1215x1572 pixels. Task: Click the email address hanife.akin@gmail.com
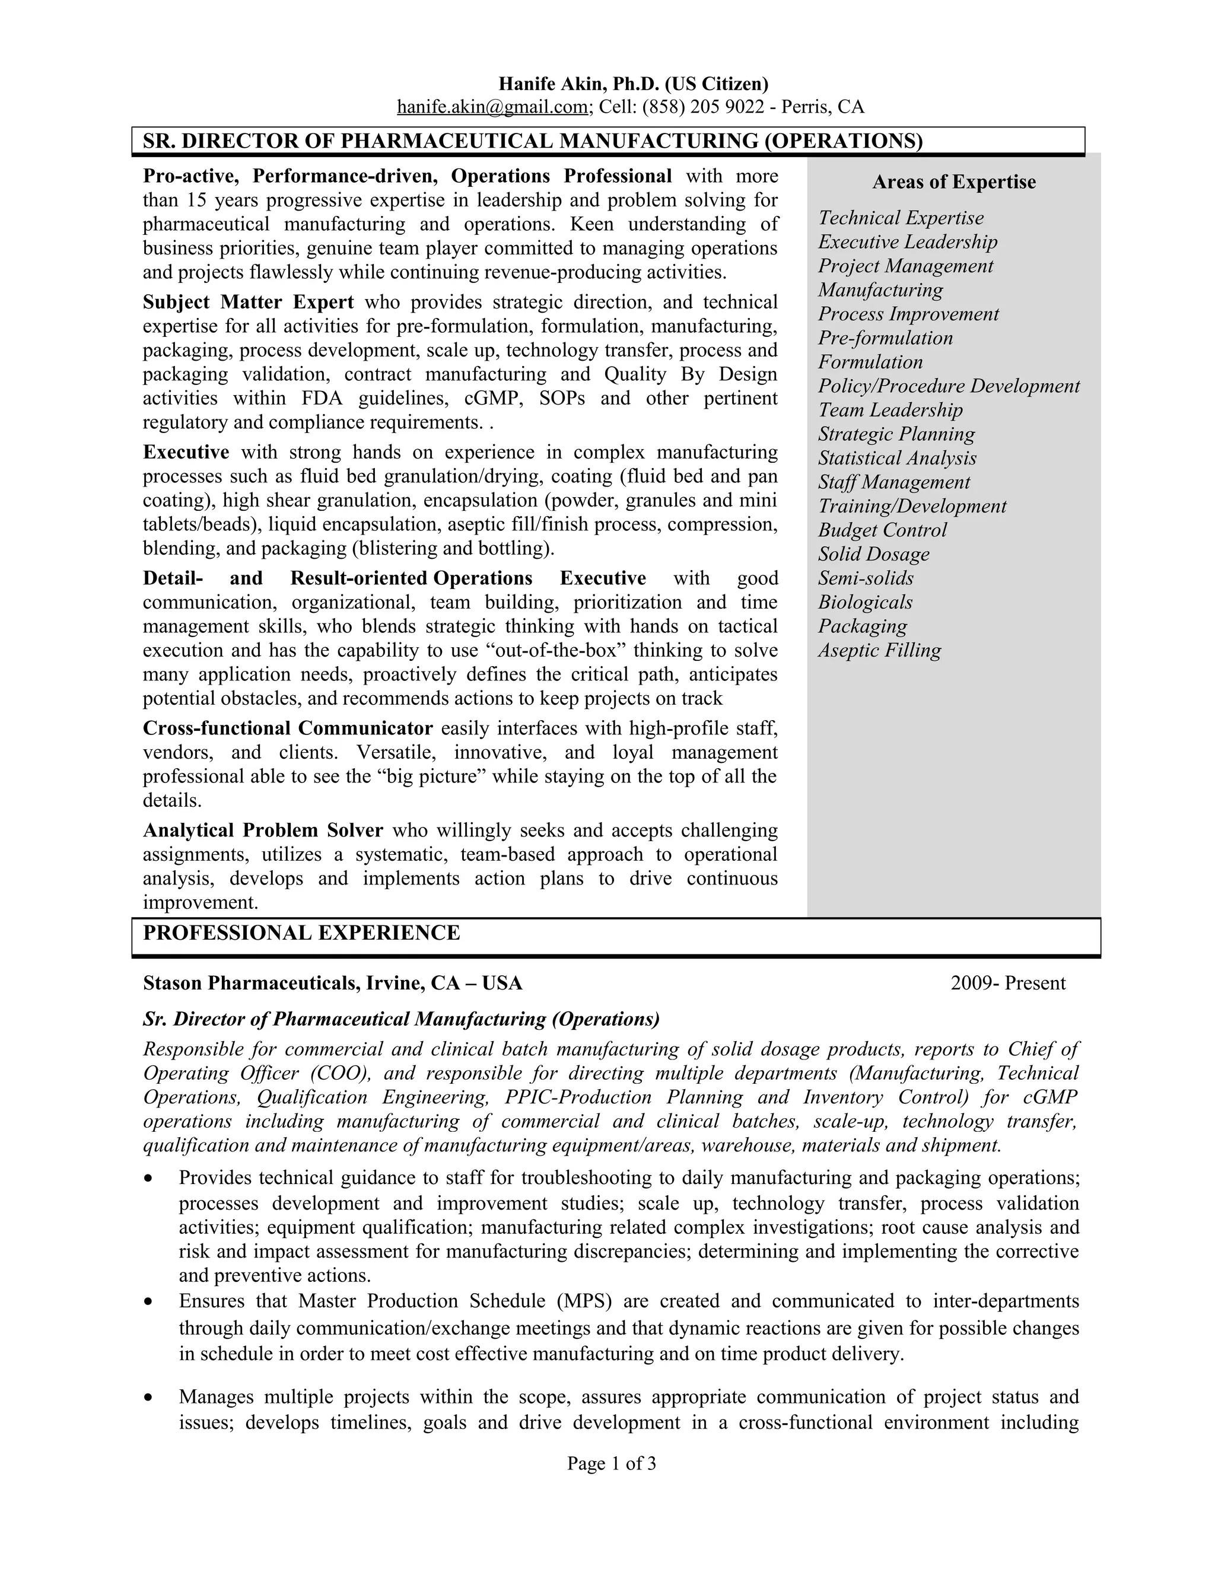[493, 107]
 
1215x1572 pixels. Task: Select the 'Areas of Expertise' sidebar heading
[954, 182]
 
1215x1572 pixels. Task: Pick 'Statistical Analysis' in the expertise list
[897, 459]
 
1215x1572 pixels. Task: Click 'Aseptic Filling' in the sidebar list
[879, 651]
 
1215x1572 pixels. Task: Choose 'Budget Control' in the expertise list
[882, 530]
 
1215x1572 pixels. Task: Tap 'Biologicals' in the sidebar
[865, 603]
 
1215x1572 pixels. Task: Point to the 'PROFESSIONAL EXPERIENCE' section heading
[301, 933]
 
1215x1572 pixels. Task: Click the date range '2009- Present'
[1008, 983]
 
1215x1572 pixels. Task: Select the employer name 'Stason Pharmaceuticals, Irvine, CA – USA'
[333, 983]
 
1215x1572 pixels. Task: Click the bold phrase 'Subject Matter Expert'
[249, 303]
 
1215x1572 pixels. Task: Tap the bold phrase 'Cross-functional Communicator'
[288, 728]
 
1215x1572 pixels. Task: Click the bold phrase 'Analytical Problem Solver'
[263, 830]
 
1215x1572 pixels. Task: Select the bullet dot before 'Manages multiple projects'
[148, 1398]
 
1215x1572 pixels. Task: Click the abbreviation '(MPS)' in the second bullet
[584, 1301]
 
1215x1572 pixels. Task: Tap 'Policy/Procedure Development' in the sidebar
[949, 387]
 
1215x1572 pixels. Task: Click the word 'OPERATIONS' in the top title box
[843, 141]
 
